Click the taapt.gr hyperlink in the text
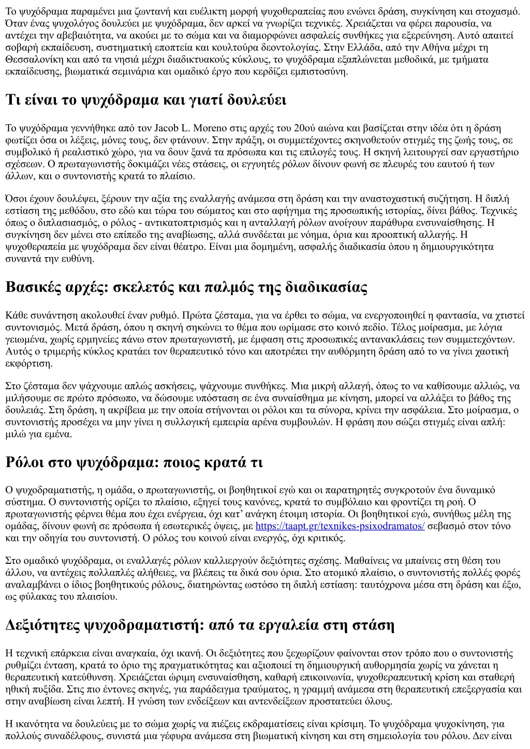pyautogui.click(x=340, y=526)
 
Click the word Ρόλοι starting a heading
pyautogui.click(x=25, y=462)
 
